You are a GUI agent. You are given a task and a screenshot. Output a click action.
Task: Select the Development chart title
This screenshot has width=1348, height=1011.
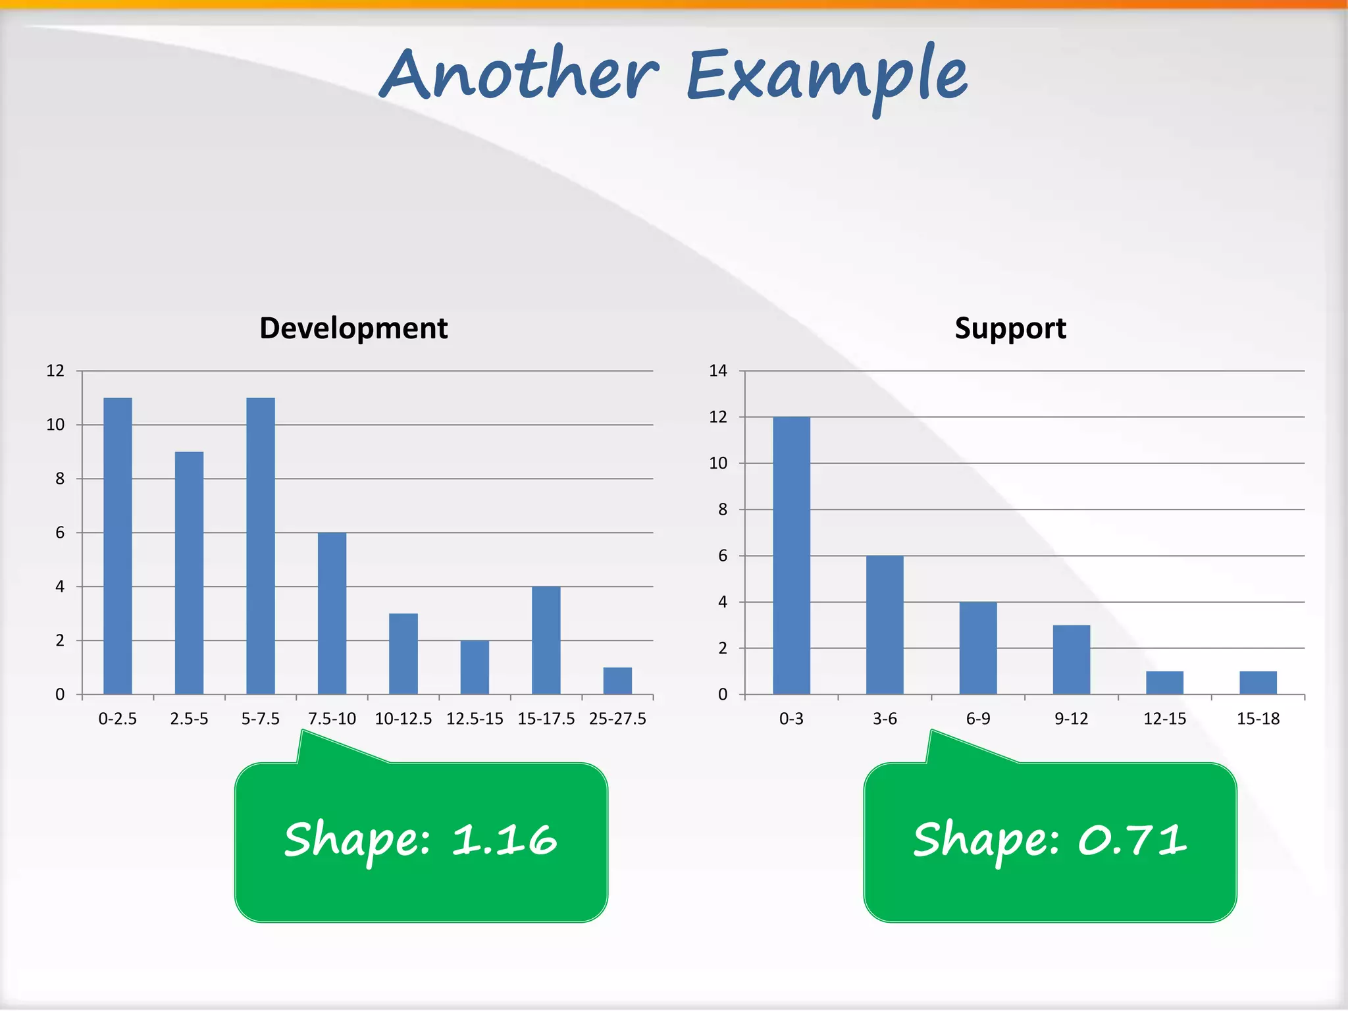pos(353,328)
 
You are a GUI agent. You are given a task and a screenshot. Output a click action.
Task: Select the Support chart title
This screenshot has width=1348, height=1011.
pos(1010,328)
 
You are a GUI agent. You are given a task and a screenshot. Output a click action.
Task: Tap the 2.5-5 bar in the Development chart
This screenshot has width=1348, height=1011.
pos(189,573)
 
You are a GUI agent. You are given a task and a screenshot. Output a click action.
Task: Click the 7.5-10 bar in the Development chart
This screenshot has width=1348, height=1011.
pos(332,613)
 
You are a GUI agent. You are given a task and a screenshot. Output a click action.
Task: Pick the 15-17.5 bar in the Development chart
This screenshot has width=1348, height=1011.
pos(546,640)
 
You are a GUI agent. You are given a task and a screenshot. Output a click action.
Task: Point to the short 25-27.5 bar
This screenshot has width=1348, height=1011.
pos(617,681)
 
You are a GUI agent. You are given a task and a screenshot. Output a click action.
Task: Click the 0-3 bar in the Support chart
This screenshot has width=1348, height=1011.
pos(791,556)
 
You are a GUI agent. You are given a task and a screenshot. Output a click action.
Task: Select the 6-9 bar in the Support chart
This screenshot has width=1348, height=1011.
pos(978,648)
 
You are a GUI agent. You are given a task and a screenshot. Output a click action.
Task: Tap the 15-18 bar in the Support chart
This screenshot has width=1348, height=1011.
pos(1258,683)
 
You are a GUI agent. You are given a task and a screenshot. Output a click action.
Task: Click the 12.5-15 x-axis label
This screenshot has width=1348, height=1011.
pos(475,719)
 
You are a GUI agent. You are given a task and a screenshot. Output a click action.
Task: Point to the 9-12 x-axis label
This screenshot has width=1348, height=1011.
pos(1071,719)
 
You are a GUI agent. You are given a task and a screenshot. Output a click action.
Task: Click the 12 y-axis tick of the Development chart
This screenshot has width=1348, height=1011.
pos(55,371)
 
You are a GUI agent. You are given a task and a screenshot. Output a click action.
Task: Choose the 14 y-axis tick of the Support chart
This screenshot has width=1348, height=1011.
pos(717,371)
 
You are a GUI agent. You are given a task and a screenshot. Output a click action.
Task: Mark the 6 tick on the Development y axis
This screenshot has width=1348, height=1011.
pos(60,532)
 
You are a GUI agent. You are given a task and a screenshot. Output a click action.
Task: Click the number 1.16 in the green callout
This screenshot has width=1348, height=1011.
pos(504,840)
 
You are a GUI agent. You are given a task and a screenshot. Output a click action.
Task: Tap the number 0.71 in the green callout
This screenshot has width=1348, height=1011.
pos(1132,840)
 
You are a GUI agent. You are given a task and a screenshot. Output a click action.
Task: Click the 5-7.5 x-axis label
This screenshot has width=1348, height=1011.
pos(260,719)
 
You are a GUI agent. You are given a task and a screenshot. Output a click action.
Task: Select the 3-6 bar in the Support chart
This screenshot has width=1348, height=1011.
pos(885,625)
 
